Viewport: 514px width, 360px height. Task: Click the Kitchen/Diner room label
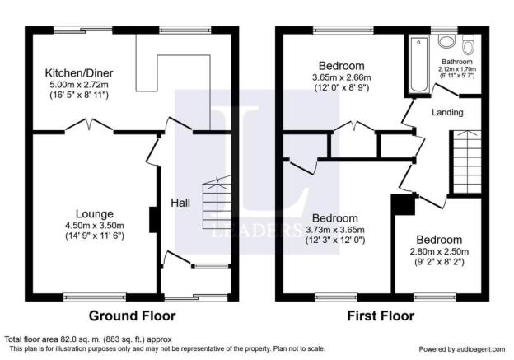tap(79, 72)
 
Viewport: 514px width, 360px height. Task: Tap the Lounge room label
tap(95, 213)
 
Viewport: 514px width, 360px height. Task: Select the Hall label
tap(180, 203)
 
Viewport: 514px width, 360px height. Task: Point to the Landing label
tap(447, 113)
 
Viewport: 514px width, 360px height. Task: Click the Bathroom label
tap(457, 62)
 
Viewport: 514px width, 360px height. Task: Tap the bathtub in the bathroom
tap(418, 64)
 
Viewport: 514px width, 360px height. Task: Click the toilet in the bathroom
tap(468, 45)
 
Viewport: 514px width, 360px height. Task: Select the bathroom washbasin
tap(446, 41)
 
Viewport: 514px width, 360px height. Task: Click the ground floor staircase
tap(217, 203)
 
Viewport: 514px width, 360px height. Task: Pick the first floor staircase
tap(467, 162)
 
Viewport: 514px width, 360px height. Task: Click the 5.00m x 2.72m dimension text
tap(79, 85)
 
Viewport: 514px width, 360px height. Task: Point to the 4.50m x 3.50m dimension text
tap(95, 226)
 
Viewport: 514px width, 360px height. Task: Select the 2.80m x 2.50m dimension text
tap(439, 252)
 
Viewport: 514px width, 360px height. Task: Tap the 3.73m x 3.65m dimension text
tap(335, 230)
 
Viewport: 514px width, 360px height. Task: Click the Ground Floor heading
tap(132, 316)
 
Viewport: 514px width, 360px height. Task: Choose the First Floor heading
tap(381, 316)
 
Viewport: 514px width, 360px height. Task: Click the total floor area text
tap(88, 339)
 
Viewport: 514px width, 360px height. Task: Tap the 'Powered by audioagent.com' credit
tap(462, 349)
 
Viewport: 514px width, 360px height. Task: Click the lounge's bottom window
tap(95, 297)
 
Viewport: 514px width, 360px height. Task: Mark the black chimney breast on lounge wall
tap(153, 220)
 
